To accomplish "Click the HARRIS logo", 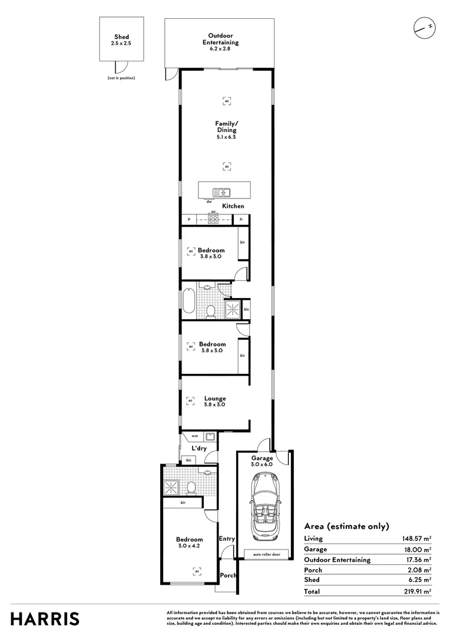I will point(45,618).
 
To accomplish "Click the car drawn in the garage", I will point(262,509).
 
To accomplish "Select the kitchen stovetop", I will point(213,220).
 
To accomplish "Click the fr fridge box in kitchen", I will point(241,220).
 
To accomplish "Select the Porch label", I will point(227,575).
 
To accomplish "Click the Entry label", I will point(227,538).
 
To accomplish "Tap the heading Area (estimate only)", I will point(346,526).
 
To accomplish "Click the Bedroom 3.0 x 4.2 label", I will point(190,542).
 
